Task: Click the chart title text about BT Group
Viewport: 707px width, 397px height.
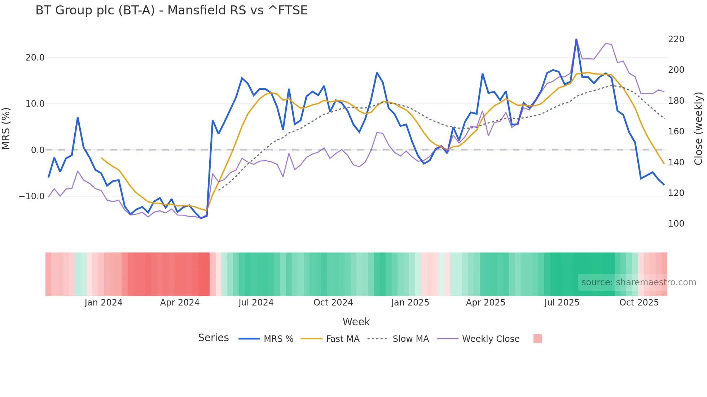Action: tap(171, 10)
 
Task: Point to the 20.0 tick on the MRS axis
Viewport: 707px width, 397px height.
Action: tap(35, 58)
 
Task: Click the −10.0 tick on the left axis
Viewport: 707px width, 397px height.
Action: tap(32, 196)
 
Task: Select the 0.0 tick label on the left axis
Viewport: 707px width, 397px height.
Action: tap(38, 150)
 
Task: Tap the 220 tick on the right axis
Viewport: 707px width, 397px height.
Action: tap(676, 39)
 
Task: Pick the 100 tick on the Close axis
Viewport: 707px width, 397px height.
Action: tap(676, 224)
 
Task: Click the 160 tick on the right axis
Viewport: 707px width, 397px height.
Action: tap(676, 131)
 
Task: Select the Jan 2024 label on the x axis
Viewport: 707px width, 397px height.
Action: tap(104, 303)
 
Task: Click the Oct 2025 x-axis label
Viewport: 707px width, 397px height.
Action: tap(639, 303)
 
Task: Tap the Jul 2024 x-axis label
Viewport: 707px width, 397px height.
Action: tap(256, 303)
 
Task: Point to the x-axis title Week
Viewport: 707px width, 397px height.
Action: tap(356, 322)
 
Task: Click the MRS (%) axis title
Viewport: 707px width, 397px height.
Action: tap(6, 129)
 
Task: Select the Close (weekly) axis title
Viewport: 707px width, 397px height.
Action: tap(698, 129)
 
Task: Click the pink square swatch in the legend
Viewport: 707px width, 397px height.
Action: tap(537, 339)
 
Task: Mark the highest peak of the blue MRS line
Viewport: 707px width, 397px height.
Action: tap(576, 39)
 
